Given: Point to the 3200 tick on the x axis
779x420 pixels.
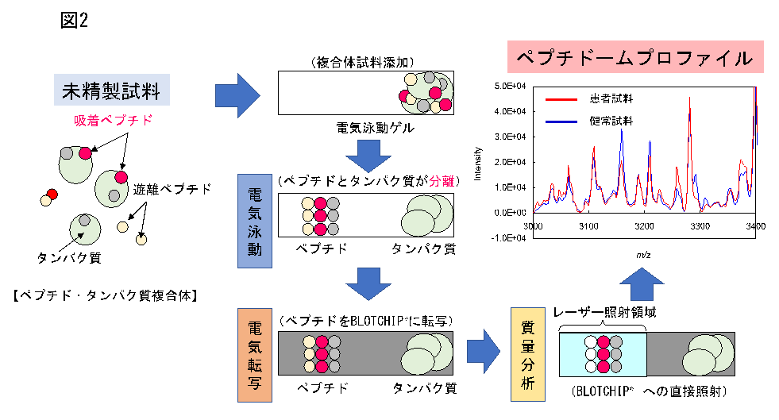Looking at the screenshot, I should (x=644, y=227).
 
